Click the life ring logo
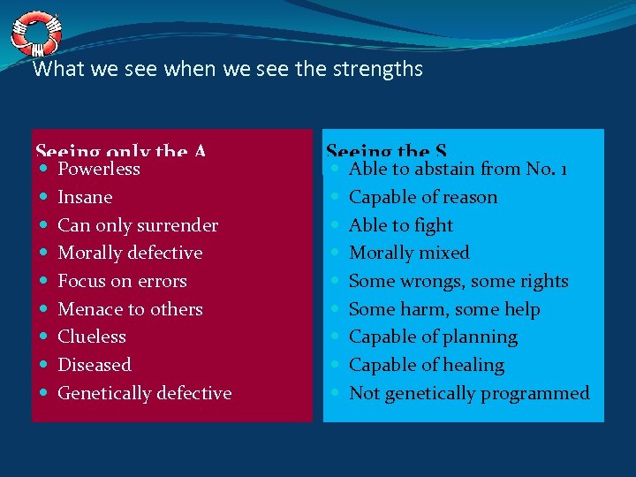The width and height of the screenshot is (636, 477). [x=36, y=33]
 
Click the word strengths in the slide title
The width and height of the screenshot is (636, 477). [x=376, y=69]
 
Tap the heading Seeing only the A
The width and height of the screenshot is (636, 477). [x=120, y=152]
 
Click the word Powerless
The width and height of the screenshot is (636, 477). [x=99, y=169]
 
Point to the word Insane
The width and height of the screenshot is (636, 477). [x=85, y=197]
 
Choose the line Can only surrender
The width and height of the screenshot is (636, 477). [x=138, y=225]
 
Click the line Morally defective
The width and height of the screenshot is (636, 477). [x=130, y=253]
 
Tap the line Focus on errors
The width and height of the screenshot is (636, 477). [x=122, y=281]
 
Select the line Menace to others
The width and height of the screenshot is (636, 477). [x=130, y=309]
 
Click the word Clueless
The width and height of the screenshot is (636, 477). [x=92, y=337]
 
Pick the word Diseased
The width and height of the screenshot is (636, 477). [x=94, y=365]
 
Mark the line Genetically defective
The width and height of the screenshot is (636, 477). [x=144, y=393]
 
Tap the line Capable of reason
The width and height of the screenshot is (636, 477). [x=423, y=197]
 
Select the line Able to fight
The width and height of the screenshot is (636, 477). [x=401, y=225]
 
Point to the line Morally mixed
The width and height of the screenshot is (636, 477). [x=409, y=253]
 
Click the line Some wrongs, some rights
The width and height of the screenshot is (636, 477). [x=458, y=281]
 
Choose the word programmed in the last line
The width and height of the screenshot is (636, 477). [x=538, y=393]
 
